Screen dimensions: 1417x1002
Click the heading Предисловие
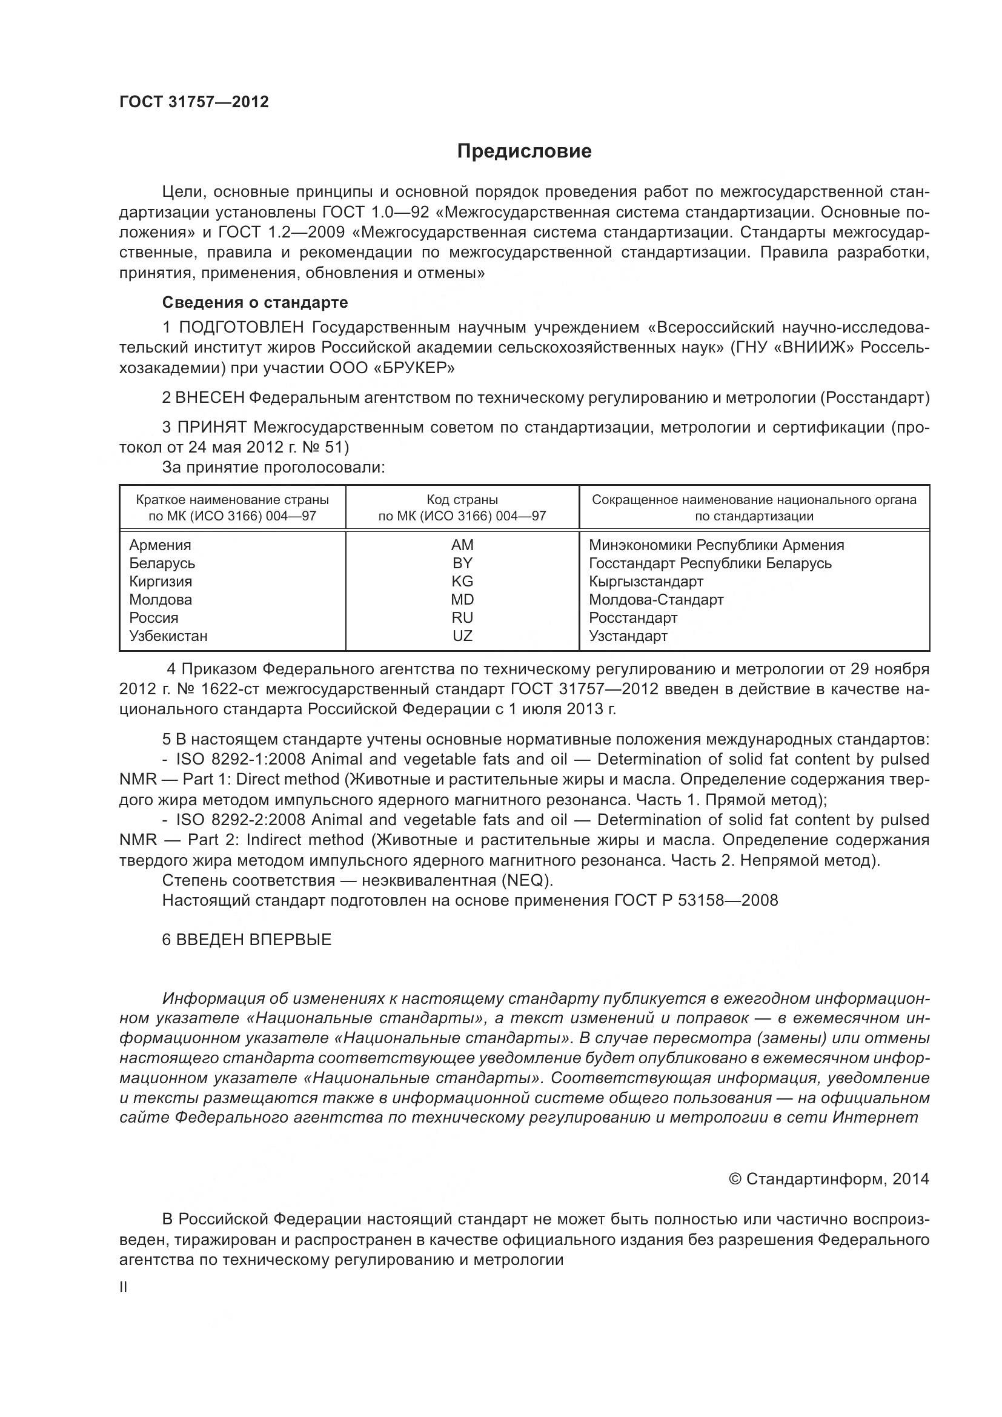click(524, 151)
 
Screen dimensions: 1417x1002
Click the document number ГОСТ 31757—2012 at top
click(194, 102)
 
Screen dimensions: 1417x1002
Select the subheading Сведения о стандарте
click(255, 302)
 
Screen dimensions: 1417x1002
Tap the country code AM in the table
click(462, 545)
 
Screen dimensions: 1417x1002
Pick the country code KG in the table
click(462, 582)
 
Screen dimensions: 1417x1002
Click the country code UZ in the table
click(462, 635)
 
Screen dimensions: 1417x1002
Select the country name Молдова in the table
click(161, 599)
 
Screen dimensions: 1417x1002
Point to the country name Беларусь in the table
click(162, 563)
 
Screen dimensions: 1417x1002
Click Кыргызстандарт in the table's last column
click(645, 582)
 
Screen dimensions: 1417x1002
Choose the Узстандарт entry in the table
click(628, 635)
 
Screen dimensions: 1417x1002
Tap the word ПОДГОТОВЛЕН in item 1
click(241, 327)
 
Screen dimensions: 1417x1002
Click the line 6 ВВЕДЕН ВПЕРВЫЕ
click(247, 940)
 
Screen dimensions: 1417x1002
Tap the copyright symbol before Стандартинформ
click(734, 1180)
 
